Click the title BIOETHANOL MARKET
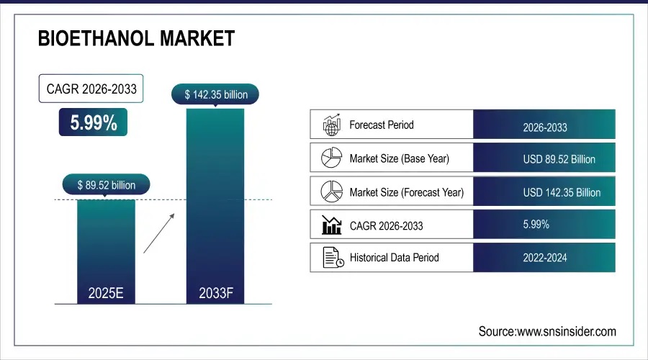point(136,38)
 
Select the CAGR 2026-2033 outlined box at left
point(91,90)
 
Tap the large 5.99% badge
point(94,123)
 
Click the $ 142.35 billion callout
point(215,94)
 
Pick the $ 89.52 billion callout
point(106,185)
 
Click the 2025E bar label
point(106,293)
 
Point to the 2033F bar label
point(215,293)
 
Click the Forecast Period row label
point(382,125)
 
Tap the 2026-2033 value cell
point(544,127)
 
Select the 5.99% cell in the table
point(536,225)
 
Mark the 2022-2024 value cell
point(544,258)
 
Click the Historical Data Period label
point(394,257)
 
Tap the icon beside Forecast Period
point(330,125)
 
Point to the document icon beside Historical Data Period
point(330,257)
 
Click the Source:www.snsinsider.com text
point(547,331)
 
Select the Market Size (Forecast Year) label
point(406,192)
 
